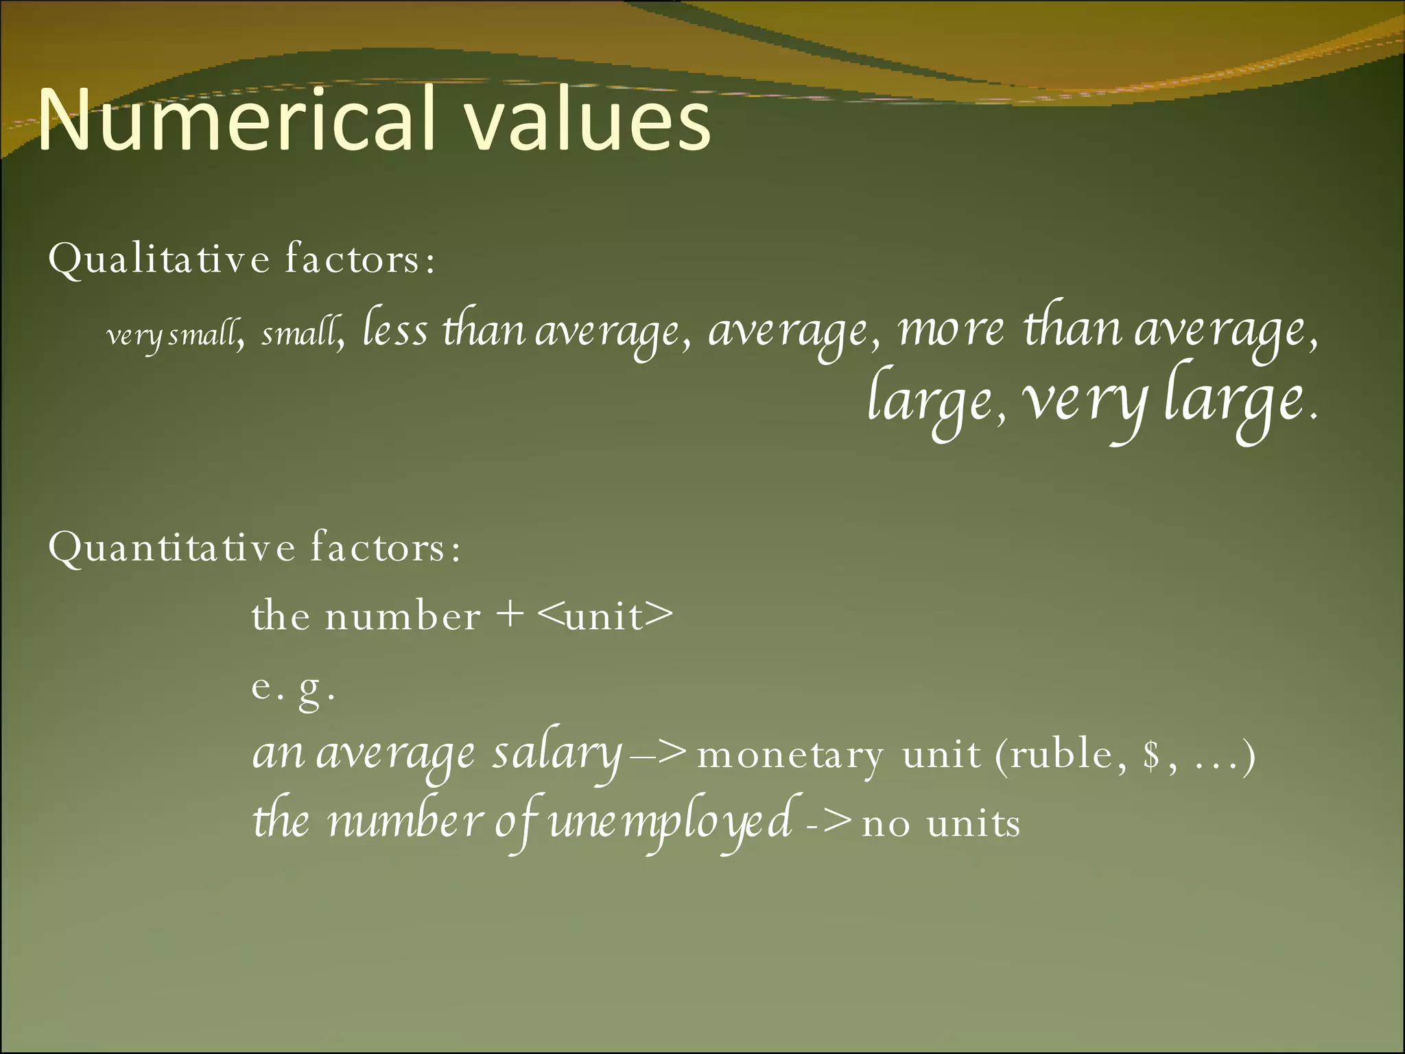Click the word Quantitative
coord(172,548)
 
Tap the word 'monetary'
coord(790,756)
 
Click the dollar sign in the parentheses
coord(1152,756)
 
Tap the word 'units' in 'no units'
coord(973,823)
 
